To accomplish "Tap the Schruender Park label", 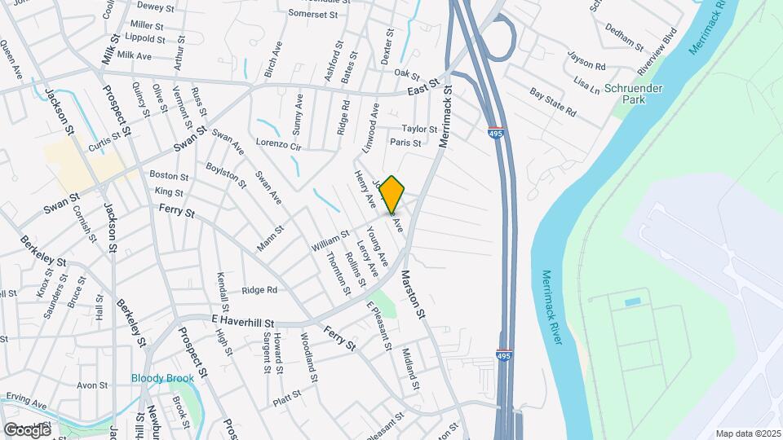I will click(634, 93).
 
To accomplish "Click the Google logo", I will click(27, 429).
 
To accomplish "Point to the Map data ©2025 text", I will click(748, 433).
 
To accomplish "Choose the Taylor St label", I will click(420, 129).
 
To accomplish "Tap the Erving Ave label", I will click(26, 400).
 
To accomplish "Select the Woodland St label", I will click(307, 358).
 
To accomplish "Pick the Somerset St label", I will click(319, 13).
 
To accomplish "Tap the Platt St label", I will click(288, 398).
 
